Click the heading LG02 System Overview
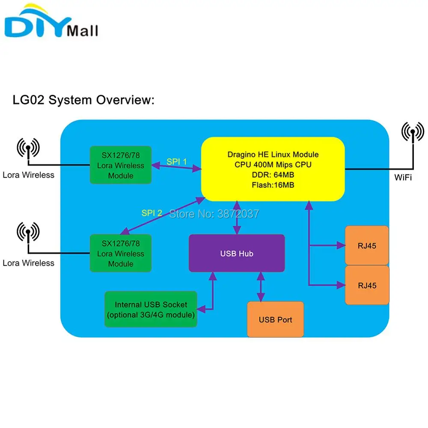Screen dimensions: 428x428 (x=83, y=100)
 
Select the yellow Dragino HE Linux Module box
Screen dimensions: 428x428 (x=273, y=169)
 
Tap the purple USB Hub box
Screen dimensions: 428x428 (x=237, y=253)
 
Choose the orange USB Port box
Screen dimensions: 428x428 (x=275, y=319)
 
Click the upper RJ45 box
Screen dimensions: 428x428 (x=367, y=245)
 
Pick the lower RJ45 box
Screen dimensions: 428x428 (x=367, y=285)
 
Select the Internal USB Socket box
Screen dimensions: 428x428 (x=151, y=309)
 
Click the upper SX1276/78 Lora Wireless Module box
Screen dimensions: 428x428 (x=121, y=165)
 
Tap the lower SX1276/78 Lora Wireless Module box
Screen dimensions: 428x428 (x=121, y=253)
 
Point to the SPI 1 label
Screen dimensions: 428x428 (x=177, y=162)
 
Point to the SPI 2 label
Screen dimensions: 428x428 (x=152, y=213)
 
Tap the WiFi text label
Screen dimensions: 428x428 (x=403, y=178)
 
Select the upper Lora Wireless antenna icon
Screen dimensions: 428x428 (x=28, y=149)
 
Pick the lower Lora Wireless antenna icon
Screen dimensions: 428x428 (x=28, y=233)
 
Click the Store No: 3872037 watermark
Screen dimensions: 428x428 (x=214, y=214)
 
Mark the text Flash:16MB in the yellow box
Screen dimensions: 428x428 (x=273, y=185)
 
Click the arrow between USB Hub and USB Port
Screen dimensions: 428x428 (x=261, y=287)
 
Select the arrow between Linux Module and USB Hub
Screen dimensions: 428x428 (x=237, y=218)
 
